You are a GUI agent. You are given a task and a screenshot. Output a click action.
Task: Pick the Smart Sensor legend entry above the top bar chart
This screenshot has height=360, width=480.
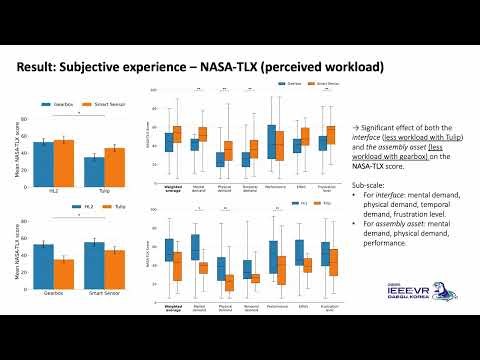(100, 104)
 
